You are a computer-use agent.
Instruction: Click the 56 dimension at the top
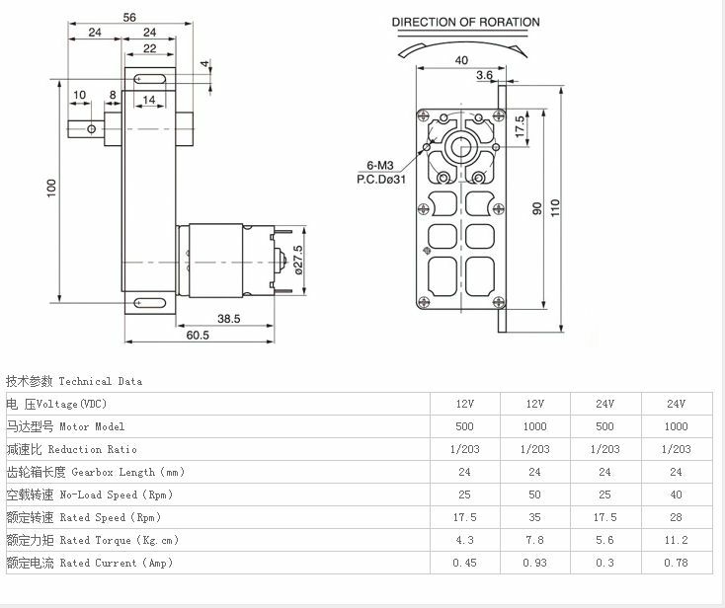click(129, 18)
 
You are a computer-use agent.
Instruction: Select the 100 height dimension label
click(51, 189)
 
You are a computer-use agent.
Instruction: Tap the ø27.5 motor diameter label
click(298, 261)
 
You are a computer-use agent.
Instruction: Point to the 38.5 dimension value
click(229, 319)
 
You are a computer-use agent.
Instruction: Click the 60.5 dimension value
click(198, 335)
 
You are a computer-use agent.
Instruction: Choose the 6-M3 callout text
click(380, 165)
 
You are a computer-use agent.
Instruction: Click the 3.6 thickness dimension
click(484, 75)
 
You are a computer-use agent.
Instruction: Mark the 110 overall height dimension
click(555, 208)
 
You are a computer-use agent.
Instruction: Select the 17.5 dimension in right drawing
click(521, 126)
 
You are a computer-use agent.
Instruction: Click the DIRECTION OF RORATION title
click(465, 22)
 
